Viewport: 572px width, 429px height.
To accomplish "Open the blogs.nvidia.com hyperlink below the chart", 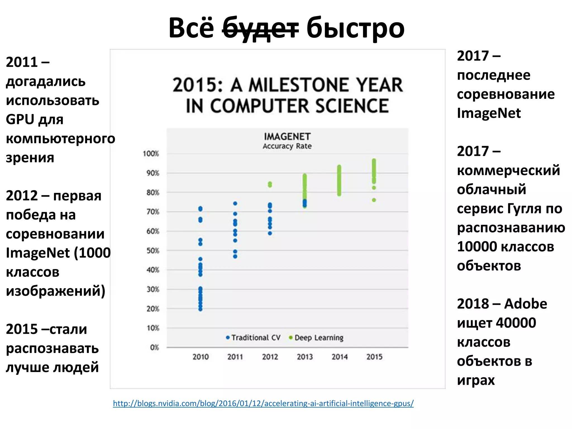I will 263,403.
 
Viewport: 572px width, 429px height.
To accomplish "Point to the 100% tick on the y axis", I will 151,154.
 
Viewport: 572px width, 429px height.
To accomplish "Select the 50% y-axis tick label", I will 153,251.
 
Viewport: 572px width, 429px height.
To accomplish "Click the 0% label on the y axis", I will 154,347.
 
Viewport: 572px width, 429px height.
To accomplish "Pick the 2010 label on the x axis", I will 201,357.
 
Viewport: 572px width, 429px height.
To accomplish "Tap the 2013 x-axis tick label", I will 305,357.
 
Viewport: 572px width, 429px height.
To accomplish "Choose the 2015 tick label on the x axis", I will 374,357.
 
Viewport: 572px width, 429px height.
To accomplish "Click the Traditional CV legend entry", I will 253,338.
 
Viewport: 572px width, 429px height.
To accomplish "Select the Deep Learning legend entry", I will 316,338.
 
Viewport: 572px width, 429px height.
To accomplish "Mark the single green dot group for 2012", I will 270,184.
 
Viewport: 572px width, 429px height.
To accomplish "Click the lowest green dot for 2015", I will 374,200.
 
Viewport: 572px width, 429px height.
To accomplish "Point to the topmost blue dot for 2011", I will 235,203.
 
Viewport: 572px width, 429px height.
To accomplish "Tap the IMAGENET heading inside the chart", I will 287,137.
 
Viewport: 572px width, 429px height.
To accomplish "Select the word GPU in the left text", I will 20,120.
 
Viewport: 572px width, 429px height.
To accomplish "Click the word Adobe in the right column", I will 526,304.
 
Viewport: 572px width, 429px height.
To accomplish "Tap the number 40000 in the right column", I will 516,323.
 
